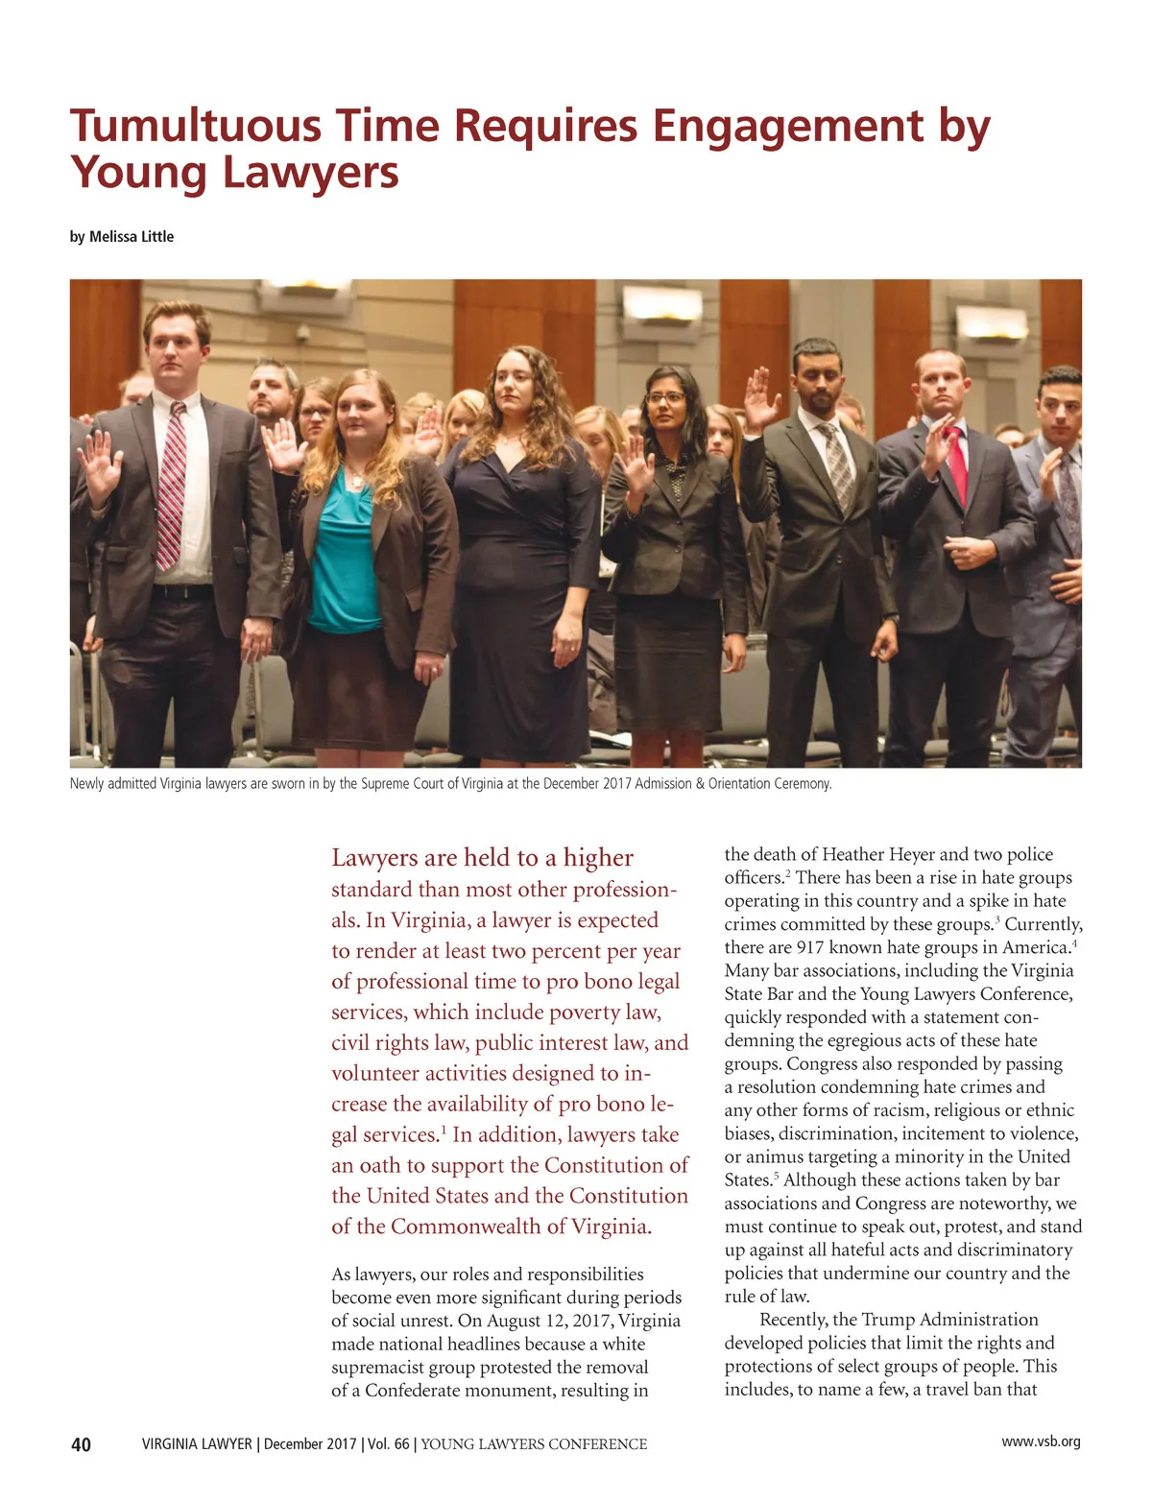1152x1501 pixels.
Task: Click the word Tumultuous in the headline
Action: click(194, 127)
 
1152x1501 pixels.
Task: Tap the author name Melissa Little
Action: click(132, 236)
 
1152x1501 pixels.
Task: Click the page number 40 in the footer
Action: click(82, 1444)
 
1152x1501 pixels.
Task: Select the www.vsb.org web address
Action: click(1041, 1441)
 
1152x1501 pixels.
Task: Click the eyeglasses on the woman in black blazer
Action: click(664, 397)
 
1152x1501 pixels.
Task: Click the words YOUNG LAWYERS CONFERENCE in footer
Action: click(534, 1444)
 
